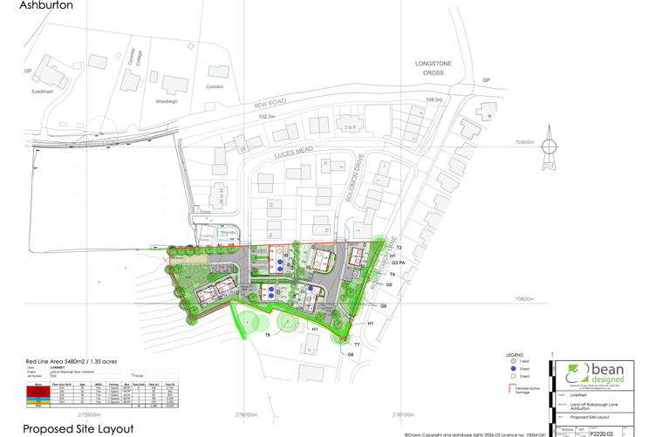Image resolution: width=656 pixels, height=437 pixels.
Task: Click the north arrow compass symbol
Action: point(550,144)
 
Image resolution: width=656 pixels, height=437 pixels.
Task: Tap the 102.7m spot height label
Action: point(267,117)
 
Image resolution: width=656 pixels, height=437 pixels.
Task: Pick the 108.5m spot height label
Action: point(434,100)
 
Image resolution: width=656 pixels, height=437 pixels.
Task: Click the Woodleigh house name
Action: point(167,101)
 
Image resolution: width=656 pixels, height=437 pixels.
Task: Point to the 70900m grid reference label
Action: point(524,141)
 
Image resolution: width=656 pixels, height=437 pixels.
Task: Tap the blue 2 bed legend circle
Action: point(513,369)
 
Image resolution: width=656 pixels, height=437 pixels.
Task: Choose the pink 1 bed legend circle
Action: point(513,361)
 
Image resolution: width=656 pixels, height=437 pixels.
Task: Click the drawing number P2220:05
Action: point(602,433)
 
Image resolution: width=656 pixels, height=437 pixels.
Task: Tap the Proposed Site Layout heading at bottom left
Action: point(79,428)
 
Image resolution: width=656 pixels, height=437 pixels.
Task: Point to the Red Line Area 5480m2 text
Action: point(72,361)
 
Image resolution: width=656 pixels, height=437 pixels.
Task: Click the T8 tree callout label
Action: point(268,335)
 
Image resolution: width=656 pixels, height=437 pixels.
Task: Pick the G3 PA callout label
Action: point(400,263)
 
